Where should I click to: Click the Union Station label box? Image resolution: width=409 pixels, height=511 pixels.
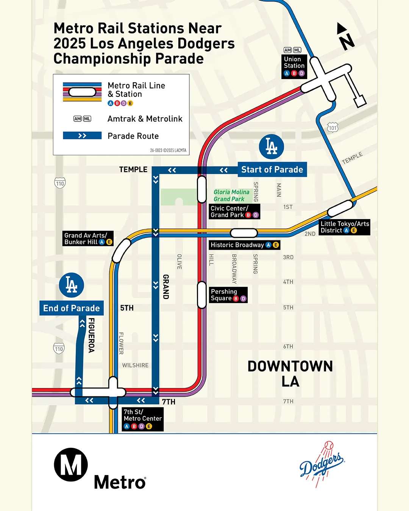pyautogui.click(x=294, y=66)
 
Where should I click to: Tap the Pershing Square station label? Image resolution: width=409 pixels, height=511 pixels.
pyautogui.click(x=228, y=295)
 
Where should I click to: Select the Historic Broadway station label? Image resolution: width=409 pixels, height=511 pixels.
pyautogui.click(x=245, y=245)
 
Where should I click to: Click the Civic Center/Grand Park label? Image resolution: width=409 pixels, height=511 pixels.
pyautogui.click(x=234, y=212)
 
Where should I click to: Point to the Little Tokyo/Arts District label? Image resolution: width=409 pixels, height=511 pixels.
pyautogui.click(x=344, y=227)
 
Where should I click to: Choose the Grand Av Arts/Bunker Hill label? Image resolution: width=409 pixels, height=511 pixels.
pyautogui.click(x=88, y=238)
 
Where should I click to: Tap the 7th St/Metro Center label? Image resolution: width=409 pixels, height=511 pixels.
pyautogui.click(x=143, y=419)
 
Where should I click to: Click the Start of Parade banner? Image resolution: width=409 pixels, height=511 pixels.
pyautogui.click(x=272, y=170)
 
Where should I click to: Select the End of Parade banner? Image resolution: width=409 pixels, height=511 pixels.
pyautogui.click(x=72, y=308)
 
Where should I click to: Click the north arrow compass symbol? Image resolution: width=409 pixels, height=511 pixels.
pyautogui.click(x=345, y=37)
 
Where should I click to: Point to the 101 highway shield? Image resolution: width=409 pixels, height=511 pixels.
pyautogui.click(x=333, y=128)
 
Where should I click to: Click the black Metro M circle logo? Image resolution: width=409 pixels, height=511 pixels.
pyautogui.click(x=71, y=464)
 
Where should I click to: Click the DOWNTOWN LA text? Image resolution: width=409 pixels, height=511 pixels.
pyautogui.click(x=290, y=374)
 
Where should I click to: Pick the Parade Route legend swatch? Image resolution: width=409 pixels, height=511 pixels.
pyautogui.click(x=82, y=136)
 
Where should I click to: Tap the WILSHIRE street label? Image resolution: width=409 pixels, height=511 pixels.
pyautogui.click(x=135, y=365)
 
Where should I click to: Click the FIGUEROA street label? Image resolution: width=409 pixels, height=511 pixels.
pyautogui.click(x=91, y=335)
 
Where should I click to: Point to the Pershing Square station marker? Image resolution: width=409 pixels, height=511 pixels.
pyautogui.click(x=202, y=294)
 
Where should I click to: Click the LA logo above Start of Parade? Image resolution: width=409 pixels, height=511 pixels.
pyautogui.click(x=271, y=147)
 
